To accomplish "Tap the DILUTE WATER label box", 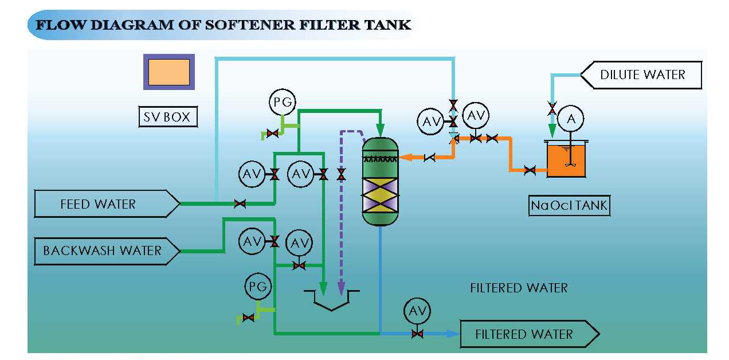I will pyautogui.click(x=642, y=75).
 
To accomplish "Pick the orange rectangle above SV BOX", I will pyautogui.click(x=169, y=72).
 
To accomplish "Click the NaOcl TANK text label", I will pyautogui.click(x=569, y=205).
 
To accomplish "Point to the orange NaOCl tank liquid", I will pyautogui.click(x=567, y=160).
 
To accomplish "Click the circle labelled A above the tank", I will pyautogui.click(x=570, y=119).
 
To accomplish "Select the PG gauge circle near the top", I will pyautogui.click(x=283, y=102).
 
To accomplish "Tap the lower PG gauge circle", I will pyautogui.click(x=258, y=287).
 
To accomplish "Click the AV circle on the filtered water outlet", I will pyautogui.click(x=417, y=311).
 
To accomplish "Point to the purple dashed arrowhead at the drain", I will pyautogui.click(x=341, y=286).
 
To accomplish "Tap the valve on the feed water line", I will pyautogui.click(x=240, y=204).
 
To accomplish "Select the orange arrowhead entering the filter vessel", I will pyautogui.click(x=404, y=156).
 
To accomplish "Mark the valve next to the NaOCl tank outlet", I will pyautogui.click(x=530, y=170).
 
